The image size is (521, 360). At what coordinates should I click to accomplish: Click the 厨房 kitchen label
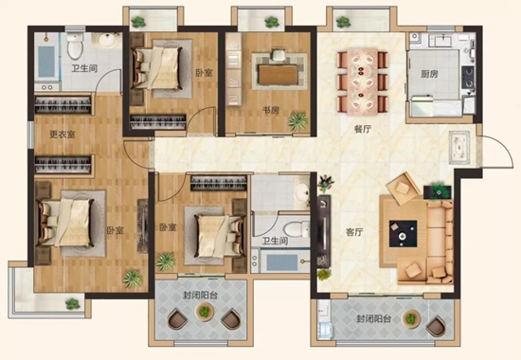[x=429, y=74]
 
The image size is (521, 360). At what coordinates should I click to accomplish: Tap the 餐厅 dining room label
[x=362, y=129]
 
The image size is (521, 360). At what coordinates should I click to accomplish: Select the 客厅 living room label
[x=354, y=232]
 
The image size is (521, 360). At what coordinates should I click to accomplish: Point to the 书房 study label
[x=271, y=110]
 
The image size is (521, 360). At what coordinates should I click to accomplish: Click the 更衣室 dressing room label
[x=63, y=135]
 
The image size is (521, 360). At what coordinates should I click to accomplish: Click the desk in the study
[x=278, y=75]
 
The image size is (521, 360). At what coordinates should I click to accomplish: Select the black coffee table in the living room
[x=403, y=233]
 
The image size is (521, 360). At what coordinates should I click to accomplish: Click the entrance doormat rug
[x=459, y=147]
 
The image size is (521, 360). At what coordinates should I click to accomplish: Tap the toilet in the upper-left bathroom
[x=75, y=45]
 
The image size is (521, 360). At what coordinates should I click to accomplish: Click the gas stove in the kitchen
[x=468, y=77]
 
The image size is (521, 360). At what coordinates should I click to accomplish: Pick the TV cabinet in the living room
[x=324, y=232]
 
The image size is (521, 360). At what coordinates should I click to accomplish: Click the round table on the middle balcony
[x=205, y=312]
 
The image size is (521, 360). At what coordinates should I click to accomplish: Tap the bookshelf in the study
[x=234, y=69]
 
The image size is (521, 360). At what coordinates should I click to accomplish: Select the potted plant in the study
[x=297, y=121]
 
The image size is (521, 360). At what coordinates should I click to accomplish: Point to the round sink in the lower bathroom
[x=302, y=192]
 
